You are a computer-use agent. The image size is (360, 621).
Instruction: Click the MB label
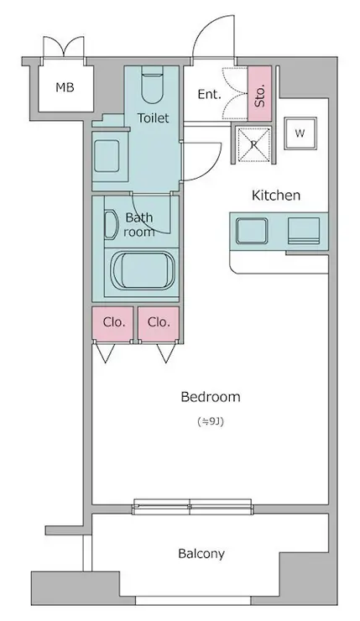(65, 87)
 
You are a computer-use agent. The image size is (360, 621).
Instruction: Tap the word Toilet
(153, 118)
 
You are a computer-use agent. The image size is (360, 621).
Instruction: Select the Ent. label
(209, 94)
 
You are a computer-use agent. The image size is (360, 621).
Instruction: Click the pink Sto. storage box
(260, 93)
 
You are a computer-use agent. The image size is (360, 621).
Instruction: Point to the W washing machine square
(300, 133)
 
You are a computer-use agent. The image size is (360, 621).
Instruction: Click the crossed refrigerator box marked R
(254, 144)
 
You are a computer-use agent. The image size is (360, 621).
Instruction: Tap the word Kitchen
(276, 196)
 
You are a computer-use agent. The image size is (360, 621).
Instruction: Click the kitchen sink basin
(252, 231)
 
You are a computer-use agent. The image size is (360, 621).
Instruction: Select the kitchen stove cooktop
(304, 231)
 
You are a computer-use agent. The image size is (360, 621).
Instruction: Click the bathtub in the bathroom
(143, 270)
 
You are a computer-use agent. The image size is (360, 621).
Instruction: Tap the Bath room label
(138, 225)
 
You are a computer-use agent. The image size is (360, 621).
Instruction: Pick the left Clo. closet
(113, 323)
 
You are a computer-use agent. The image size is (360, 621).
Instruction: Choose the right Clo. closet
(159, 323)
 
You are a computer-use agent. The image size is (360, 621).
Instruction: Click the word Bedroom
(211, 397)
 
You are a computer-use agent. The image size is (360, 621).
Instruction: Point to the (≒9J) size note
(211, 422)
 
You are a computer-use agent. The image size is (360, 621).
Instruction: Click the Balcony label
(201, 554)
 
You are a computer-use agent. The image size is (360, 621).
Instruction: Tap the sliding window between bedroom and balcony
(192, 507)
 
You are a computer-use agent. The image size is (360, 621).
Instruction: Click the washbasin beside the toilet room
(107, 156)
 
